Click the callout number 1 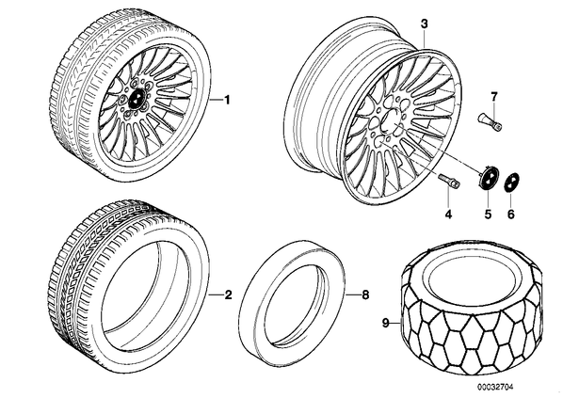[x=227, y=100]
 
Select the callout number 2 [x=228, y=295]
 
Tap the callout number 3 [x=424, y=24]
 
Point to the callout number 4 [x=448, y=215]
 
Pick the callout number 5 [x=488, y=215]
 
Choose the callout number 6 [x=511, y=215]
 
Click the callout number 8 [x=365, y=295]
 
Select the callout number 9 [x=386, y=324]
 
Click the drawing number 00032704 [x=495, y=387]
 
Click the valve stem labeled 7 [x=491, y=122]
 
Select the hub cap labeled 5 [x=488, y=176]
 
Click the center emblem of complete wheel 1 [x=136, y=99]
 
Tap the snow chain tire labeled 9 [x=472, y=308]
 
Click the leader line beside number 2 [x=216, y=295]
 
